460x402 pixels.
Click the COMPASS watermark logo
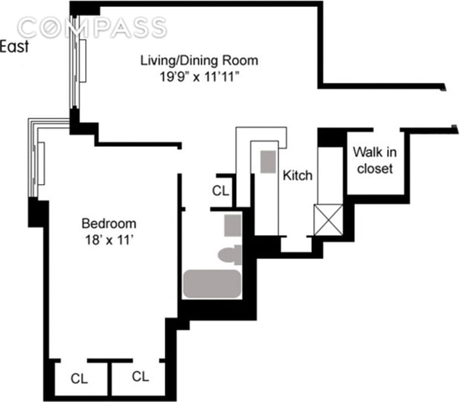(92, 27)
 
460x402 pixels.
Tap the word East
(14, 47)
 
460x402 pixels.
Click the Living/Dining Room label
(200, 60)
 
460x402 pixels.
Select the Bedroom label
(109, 223)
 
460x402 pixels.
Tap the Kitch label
(297, 175)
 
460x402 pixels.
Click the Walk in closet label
(374, 160)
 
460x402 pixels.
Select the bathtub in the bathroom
(212, 284)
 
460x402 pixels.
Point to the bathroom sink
(232, 224)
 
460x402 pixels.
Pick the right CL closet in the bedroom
(140, 377)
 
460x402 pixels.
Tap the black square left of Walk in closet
(329, 137)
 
